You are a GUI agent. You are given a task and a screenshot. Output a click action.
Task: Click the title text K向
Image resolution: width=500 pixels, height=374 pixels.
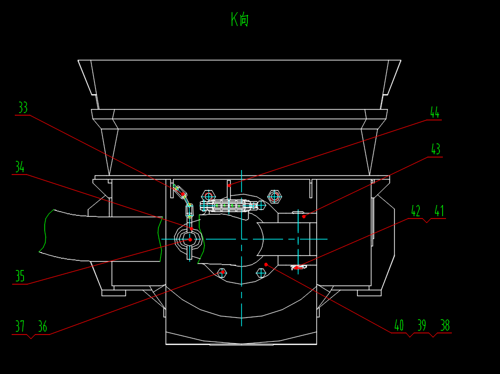[x=240, y=20]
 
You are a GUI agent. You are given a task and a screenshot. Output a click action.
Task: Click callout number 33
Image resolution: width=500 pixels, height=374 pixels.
[x=23, y=108]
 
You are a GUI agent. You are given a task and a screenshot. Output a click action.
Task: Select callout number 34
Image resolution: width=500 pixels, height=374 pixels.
[x=20, y=167]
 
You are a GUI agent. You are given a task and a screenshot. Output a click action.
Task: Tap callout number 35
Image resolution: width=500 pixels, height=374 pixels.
[x=20, y=277]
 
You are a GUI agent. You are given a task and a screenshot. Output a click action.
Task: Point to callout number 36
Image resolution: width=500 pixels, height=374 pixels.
[x=42, y=327]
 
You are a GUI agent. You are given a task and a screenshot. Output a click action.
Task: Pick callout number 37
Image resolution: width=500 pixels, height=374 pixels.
[x=20, y=327]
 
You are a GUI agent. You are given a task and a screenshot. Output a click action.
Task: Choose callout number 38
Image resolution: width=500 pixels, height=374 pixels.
[x=445, y=325]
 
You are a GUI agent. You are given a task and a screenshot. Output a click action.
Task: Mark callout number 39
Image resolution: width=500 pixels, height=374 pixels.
[x=422, y=325]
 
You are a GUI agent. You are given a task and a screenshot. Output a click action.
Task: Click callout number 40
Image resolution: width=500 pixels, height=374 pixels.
[x=399, y=325]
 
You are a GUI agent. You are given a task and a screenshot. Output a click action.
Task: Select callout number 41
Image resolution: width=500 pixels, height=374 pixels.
[x=439, y=211]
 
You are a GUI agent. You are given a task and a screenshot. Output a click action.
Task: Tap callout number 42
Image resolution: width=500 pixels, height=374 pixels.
[x=416, y=211]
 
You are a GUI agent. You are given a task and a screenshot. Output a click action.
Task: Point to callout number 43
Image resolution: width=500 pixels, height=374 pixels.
[x=435, y=149]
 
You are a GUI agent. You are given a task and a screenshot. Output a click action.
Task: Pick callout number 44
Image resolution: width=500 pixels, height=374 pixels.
[x=434, y=113]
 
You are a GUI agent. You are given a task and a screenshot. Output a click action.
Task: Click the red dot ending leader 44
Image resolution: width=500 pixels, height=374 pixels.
[x=229, y=185]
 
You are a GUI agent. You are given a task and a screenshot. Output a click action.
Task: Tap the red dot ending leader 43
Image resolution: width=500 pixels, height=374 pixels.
[x=304, y=216]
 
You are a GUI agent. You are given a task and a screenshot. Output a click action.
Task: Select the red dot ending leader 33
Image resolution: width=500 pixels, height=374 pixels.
[x=184, y=195]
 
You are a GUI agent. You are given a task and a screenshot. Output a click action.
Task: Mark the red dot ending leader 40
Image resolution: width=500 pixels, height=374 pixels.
[x=266, y=264]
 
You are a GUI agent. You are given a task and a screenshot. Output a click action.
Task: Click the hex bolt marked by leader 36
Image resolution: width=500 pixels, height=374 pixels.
[x=223, y=272]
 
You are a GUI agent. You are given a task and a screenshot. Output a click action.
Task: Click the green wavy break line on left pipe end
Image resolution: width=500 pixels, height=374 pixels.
[x=44, y=231]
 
